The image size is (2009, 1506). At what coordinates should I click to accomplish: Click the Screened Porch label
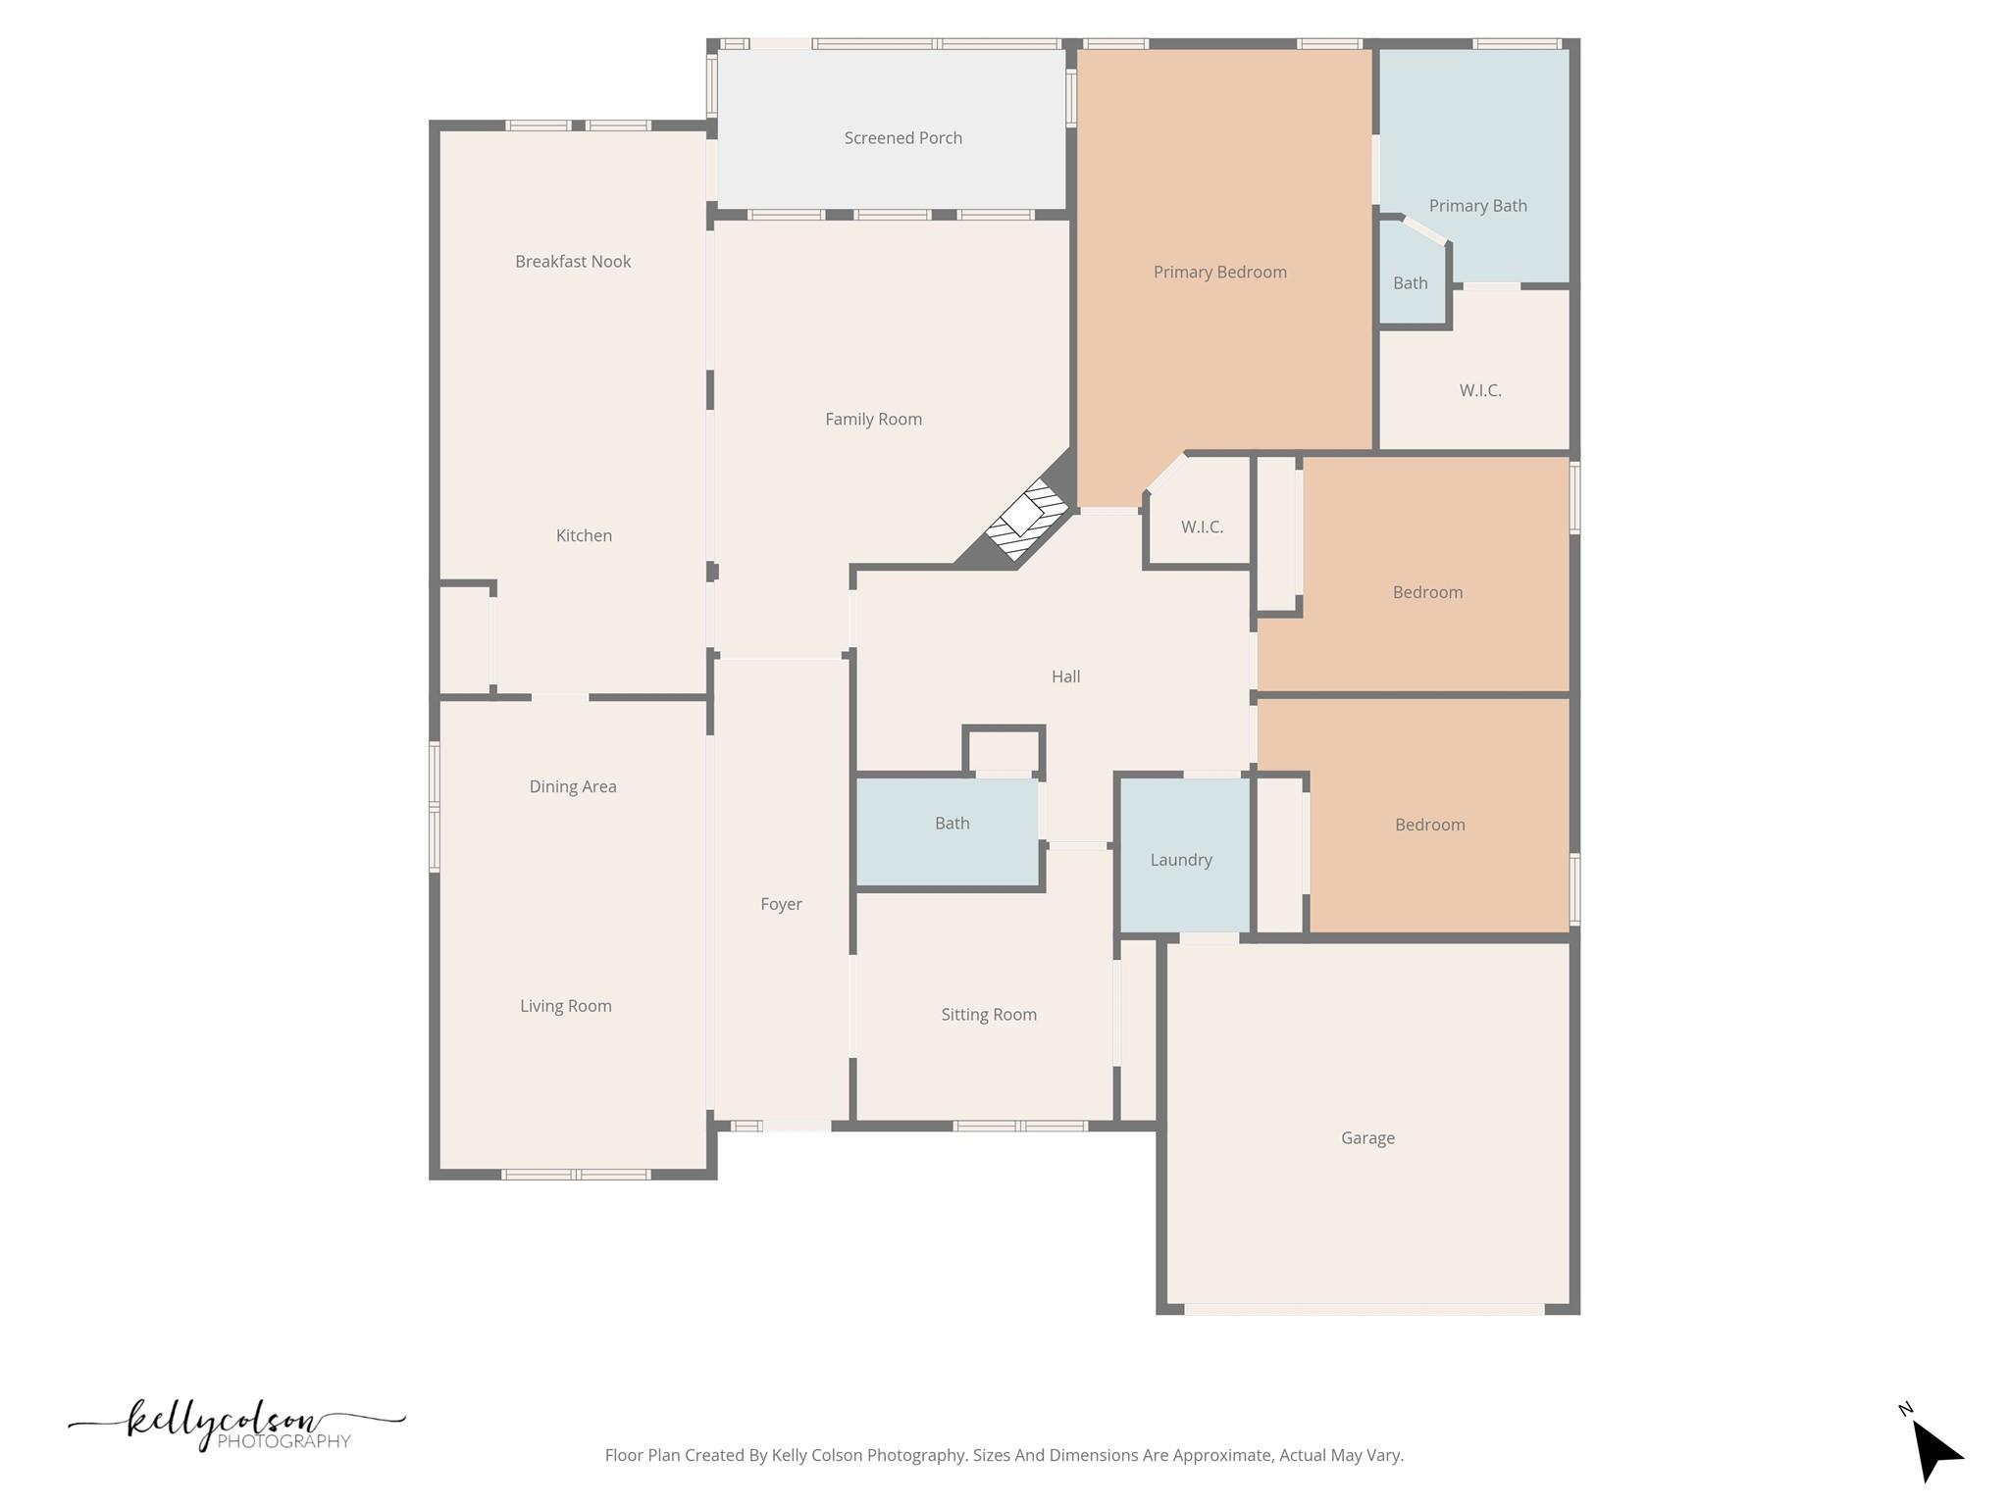(902, 138)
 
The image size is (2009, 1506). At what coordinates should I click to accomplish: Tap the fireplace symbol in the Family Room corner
(1023, 517)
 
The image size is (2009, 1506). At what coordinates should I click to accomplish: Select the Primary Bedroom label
(1219, 273)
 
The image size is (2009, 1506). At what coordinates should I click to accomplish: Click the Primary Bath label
(1477, 206)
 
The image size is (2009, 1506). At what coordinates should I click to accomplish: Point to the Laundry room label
(1181, 860)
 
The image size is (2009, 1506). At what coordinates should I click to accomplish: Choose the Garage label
(1367, 1138)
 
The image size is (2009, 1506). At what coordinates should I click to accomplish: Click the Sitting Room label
(989, 1015)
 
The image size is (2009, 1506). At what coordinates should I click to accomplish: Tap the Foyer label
(781, 904)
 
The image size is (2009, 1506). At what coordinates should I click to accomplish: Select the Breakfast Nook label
(573, 262)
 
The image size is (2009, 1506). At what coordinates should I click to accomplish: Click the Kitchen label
(584, 535)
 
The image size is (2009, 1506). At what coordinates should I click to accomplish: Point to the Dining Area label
(573, 786)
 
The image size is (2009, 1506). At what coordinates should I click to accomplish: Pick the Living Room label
(566, 1006)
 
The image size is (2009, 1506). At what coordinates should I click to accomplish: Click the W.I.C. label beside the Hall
(1202, 527)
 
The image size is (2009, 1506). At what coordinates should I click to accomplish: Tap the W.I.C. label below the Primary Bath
(1480, 390)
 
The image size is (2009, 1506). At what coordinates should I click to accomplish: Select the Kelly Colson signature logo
(235, 1425)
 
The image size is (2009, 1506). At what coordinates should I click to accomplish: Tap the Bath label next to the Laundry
(952, 824)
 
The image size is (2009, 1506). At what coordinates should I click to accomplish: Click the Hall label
(1065, 677)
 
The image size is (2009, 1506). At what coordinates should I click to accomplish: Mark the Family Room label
(873, 420)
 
